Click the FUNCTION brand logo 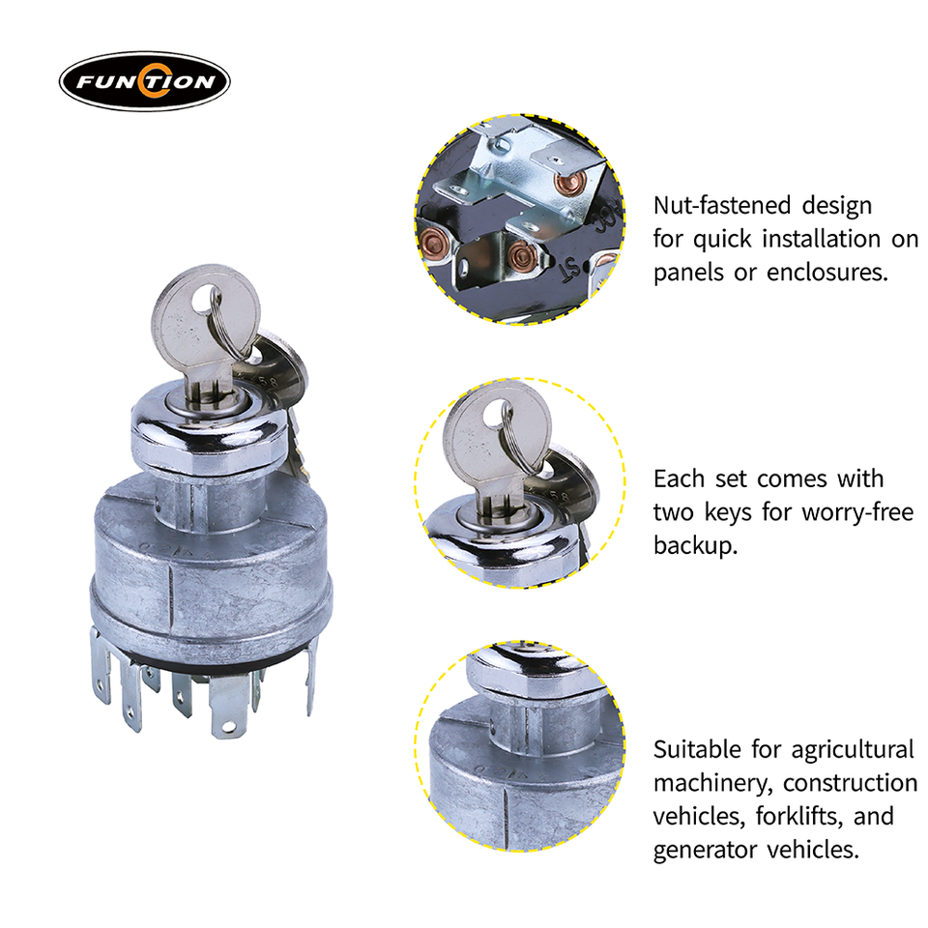coord(144,81)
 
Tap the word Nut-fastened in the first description coord(722,205)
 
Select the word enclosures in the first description coord(827,273)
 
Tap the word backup coord(695,545)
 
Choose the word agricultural coord(853,750)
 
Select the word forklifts coord(799,817)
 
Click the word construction coord(851,783)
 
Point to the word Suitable coord(697,750)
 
